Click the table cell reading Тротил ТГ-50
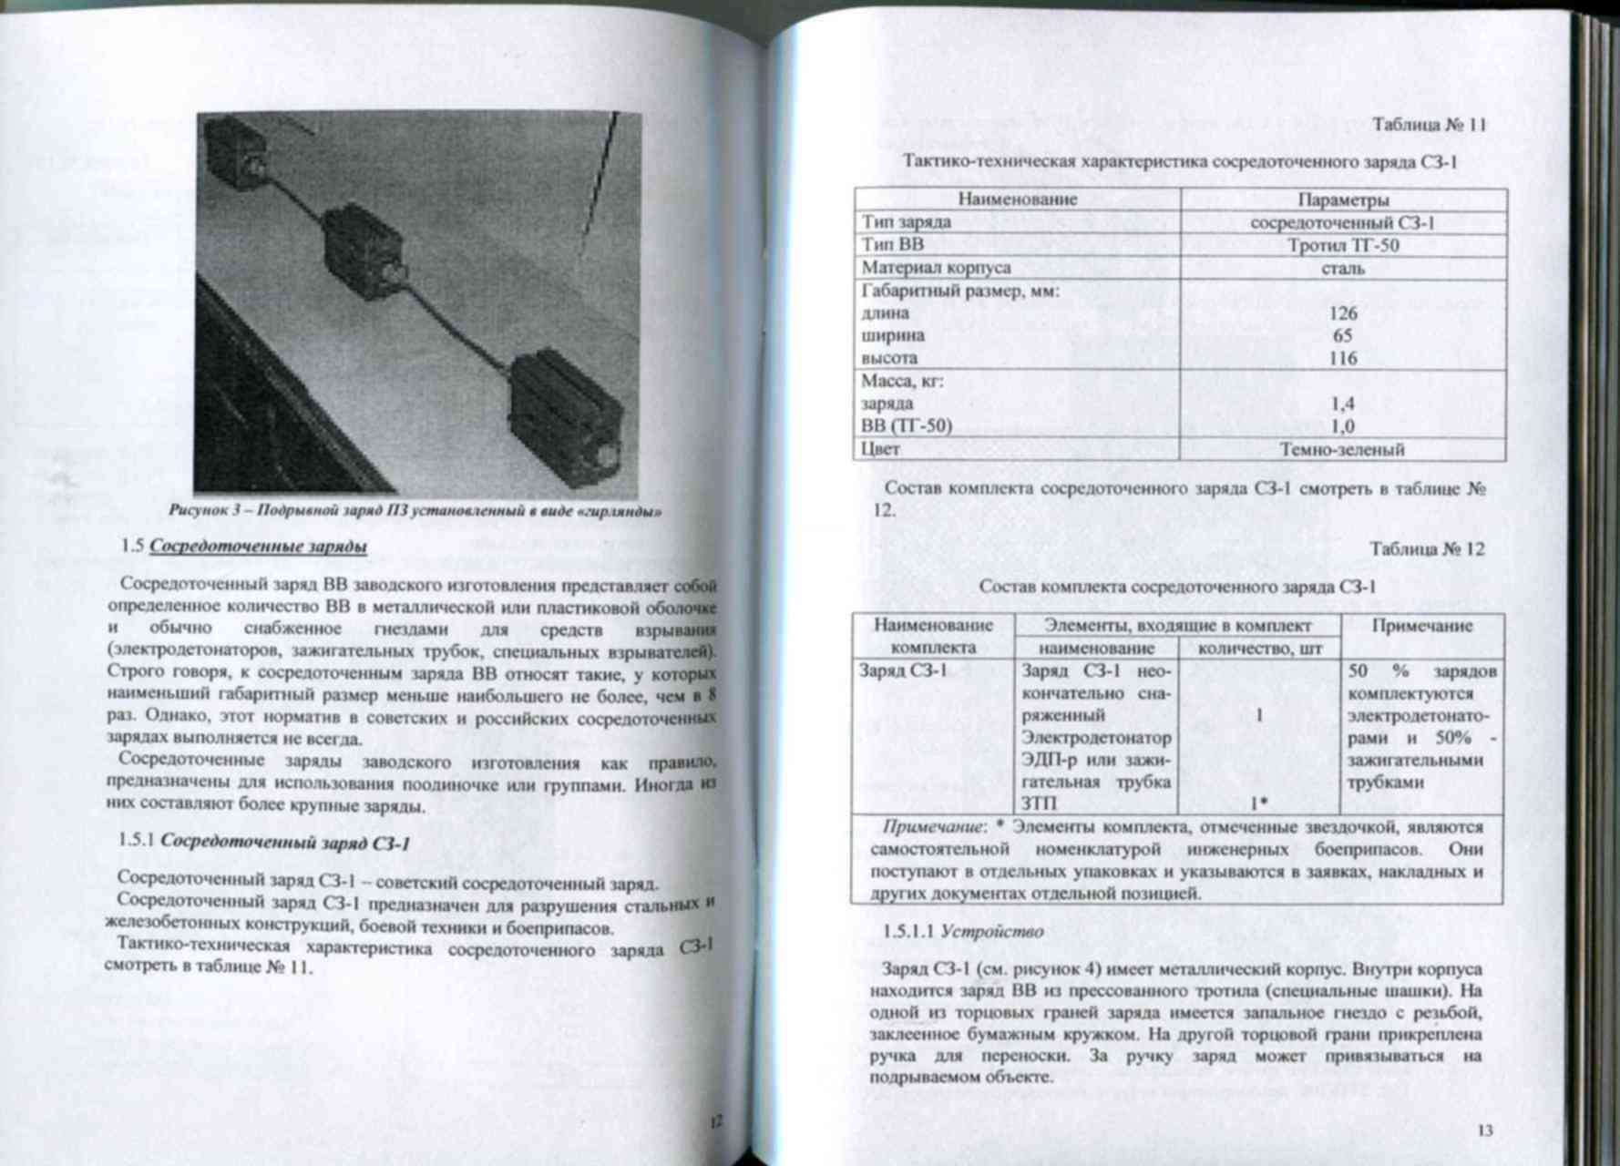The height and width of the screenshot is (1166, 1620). [1343, 245]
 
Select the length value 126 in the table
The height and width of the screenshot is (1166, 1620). [1343, 313]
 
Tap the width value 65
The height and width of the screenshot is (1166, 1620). [1343, 335]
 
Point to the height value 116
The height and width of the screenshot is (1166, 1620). [1343, 358]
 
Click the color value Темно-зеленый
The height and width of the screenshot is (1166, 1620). [1342, 449]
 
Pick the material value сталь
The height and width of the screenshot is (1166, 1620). [1343, 269]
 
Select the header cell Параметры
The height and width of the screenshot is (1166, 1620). [1343, 199]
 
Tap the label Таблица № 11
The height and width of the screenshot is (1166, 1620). [1429, 126]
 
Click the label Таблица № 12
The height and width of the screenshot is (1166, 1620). [1427, 549]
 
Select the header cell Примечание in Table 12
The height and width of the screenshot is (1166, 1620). [1421, 626]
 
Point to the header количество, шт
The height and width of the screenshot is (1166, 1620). [1258, 649]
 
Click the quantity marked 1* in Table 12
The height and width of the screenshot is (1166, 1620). [1258, 803]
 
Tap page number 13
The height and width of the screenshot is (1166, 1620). [1484, 1130]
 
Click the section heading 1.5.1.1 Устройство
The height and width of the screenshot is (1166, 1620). [963, 931]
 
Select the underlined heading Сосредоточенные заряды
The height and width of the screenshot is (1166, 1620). [258, 547]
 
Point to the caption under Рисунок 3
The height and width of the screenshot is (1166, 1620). [415, 511]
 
